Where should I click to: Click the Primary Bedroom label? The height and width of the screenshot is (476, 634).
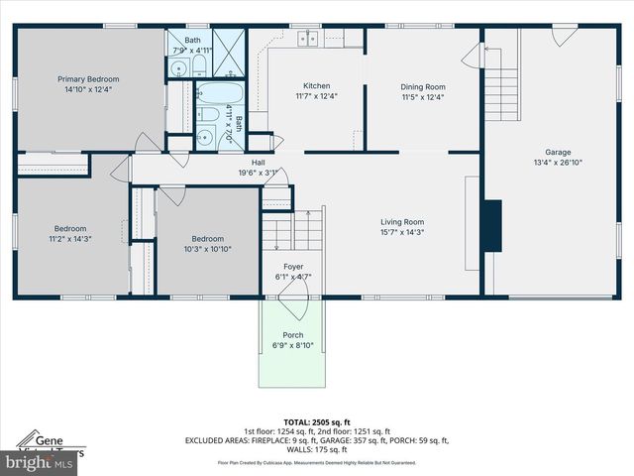tap(88, 79)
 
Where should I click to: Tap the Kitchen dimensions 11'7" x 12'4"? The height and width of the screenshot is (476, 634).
tap(316, 96)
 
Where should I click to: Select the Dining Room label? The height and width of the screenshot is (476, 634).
tap(423, 86)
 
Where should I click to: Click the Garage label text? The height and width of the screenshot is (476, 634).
tap(558, 152)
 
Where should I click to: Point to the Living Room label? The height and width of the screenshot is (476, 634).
tap(402, 222)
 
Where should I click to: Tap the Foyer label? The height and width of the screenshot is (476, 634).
tap(293, 267)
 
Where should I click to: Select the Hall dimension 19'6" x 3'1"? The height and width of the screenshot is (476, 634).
tap(259, 173)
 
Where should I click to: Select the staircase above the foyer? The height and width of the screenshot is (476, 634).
tap(294, 232)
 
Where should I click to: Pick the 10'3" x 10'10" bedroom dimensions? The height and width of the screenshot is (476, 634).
tap(207, 249)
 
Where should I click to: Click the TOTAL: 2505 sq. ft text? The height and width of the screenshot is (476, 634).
tap(317, 420)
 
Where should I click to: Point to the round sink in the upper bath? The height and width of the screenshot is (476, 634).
tap(178, 69)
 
